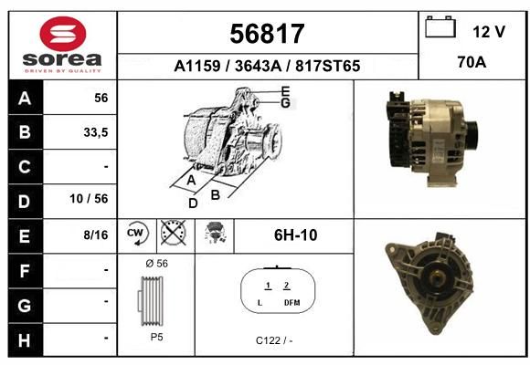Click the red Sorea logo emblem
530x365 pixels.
point(63,34)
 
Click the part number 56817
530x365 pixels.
point(267,34)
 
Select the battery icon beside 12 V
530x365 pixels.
point(440,26)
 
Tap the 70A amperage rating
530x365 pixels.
point(472,62)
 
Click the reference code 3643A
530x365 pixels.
point(258,66)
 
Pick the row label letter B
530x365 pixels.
point(25,132)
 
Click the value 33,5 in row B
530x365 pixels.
point(96,132)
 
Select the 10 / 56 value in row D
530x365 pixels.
point(89,199)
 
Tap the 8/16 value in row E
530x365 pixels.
point(96,235)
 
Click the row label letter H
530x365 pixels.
point(25,340)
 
